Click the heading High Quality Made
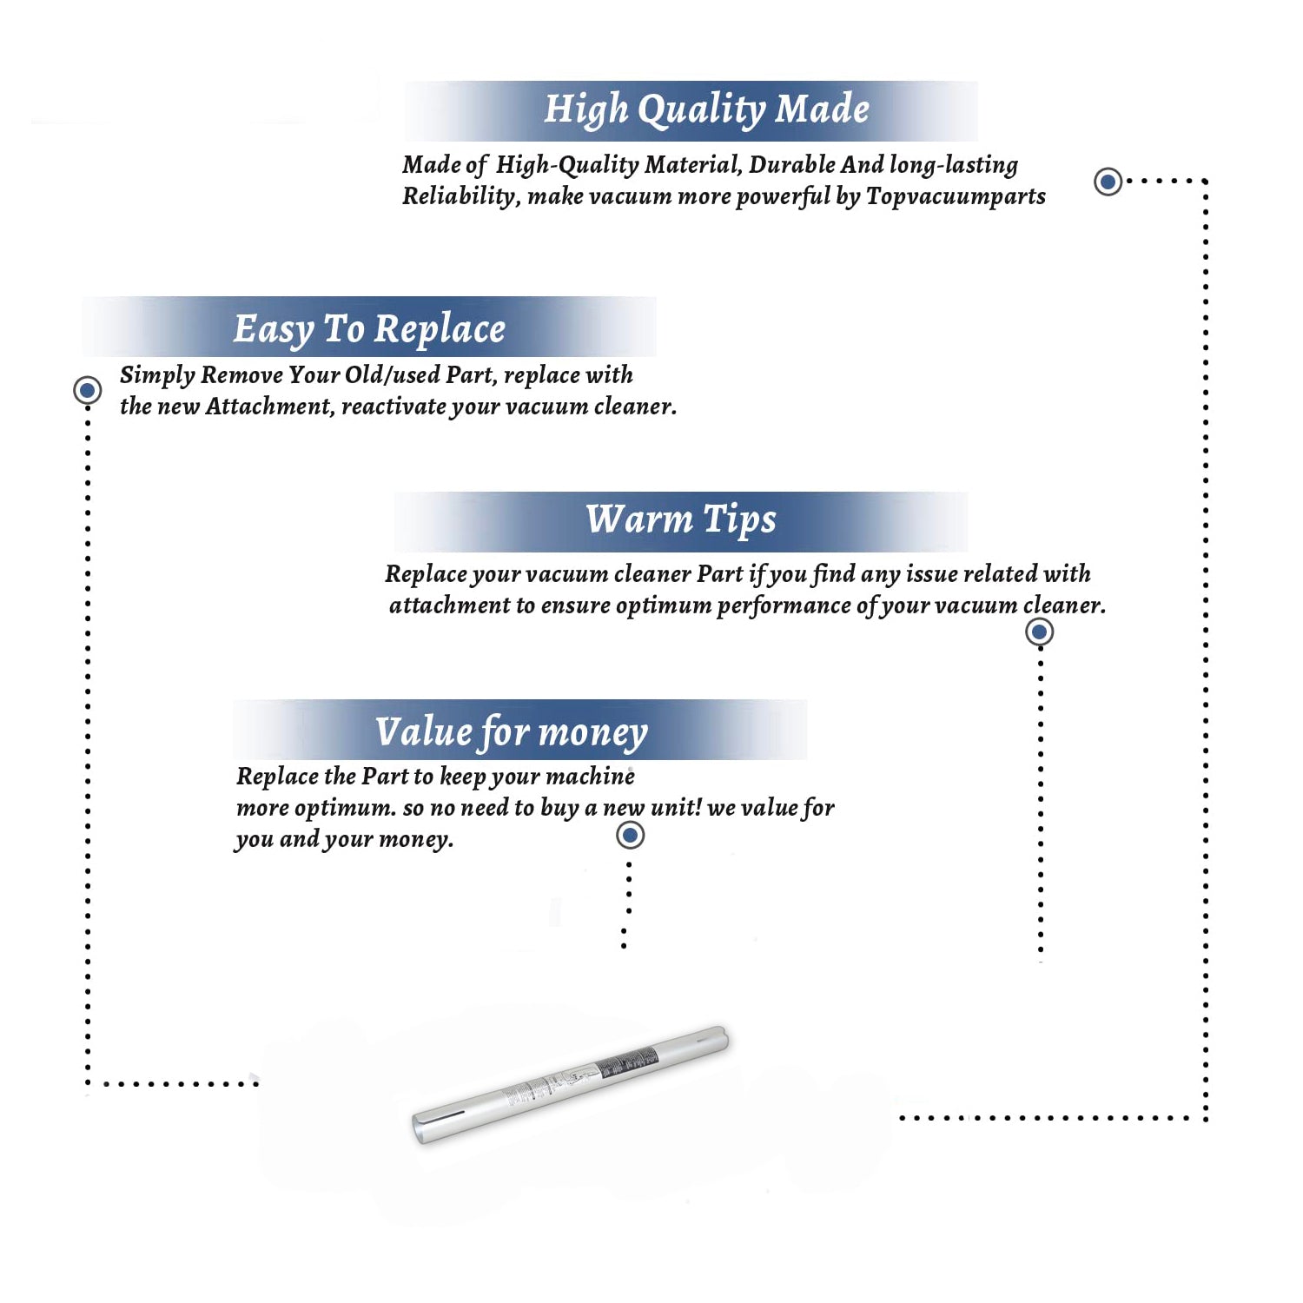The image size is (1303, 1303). [x=706, y=110]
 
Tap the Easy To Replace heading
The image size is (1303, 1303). [x=369, y=330]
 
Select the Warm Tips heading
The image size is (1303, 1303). [x=680, y=520]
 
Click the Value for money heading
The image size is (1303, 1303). [x=512, y=732]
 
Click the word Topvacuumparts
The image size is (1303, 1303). [x=956, y=197]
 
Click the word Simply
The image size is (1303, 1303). [x=157, y=376]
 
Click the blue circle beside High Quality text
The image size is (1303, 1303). [x=1108, y=182]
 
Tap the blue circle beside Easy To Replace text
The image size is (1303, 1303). [x=87, y=390]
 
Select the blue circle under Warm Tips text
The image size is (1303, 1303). [x=1040, y=632]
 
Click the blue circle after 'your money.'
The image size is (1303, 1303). [x=630, y=835]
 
